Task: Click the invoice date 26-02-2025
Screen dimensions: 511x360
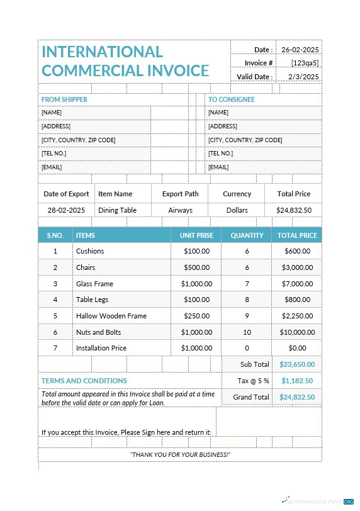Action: click(x=300, y=50)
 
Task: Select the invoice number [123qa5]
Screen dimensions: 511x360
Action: click(x=305, y=63)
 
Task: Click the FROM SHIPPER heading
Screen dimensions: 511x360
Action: click(x=64, y=99)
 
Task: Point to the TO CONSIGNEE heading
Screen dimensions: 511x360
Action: click(x=231, y=99)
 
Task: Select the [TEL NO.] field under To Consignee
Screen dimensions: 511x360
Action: click(x=220, y=154)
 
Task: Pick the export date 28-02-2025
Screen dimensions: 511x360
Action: click(x=66, y=210)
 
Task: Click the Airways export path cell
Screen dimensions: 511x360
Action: click(x=180, y=210)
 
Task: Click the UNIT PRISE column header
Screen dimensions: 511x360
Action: click(x=196, y=235)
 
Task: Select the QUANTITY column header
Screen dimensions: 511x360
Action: click(x=247, y=235)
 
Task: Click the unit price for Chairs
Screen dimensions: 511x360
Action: click(x=196, y=267)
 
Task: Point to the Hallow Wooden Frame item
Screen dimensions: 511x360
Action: click(x=111, y=316)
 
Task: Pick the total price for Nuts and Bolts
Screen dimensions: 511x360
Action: click(x=297, y=332)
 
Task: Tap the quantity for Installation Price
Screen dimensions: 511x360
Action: click(x=247, y=348)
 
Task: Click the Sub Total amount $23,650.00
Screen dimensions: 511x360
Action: click(x=297, y=364)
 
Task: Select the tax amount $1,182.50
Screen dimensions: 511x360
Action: click(x=297, y=381)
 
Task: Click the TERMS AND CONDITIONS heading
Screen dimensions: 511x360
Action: click(x=84, y=381)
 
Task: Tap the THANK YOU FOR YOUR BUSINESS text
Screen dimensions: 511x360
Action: click(x=180, y=454)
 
